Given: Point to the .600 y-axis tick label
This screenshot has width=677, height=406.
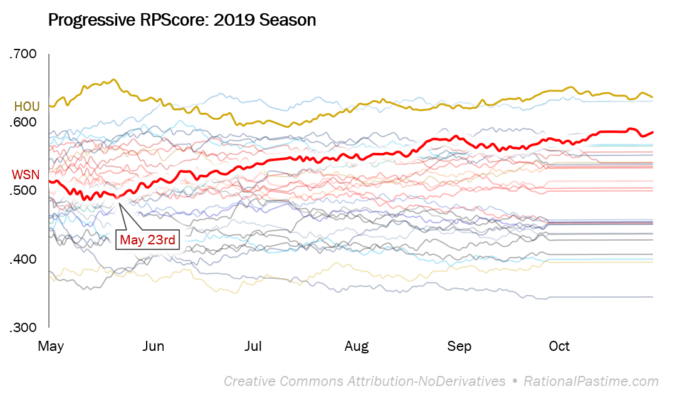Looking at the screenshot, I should [24, 123].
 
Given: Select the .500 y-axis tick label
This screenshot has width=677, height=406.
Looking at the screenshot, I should [24, 191].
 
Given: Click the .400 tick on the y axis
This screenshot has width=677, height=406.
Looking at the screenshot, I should [24, 259].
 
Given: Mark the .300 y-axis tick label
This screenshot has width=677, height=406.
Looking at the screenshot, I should [24, 328].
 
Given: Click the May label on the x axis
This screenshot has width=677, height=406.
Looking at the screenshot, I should [51, 346].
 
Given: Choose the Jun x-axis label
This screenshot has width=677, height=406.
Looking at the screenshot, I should [154, 346].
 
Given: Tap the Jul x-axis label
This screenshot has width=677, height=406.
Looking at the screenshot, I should [253, 346].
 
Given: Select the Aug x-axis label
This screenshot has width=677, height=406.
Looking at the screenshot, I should [356, 346].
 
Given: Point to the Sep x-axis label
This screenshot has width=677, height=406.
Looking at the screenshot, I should [459, 346].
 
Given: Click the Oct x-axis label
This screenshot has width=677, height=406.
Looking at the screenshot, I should [559, 346].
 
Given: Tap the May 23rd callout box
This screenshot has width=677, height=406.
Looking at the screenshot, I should [148, 239].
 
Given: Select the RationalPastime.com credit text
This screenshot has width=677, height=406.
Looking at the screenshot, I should [591, 381].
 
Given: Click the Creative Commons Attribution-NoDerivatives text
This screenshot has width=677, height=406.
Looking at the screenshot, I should [364, 381].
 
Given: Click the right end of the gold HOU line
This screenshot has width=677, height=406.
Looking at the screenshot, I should [653, 97].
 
